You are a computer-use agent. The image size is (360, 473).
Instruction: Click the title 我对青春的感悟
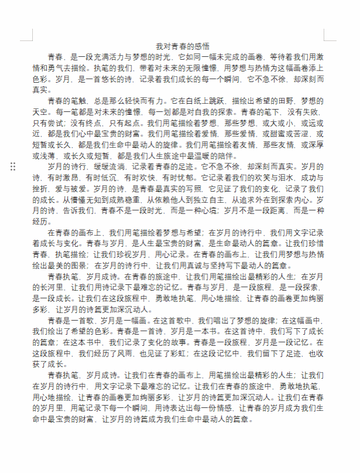coord(182,46)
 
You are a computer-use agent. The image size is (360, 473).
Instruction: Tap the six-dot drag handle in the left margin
coord(13,167)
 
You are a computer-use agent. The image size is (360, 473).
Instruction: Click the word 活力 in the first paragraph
coord(125,57)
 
